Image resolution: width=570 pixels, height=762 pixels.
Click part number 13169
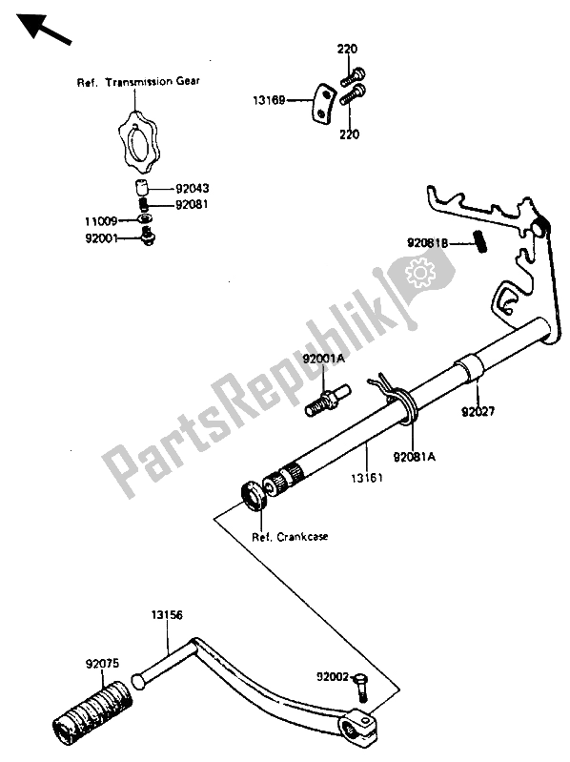point(269,100)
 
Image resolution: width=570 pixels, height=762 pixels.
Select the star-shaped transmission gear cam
point(138,142)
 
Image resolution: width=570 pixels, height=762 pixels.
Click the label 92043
point(193,189)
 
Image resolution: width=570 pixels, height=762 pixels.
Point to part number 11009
point(101,221)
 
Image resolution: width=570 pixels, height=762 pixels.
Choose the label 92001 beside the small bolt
point(101,238)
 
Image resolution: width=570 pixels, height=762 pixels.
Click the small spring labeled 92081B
point(479,241)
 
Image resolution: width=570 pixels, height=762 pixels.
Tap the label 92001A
point(324,359)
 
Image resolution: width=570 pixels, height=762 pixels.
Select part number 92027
point(478,412)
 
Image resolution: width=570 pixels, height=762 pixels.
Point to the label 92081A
point(414,457)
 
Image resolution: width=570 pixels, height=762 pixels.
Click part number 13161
point(367,478)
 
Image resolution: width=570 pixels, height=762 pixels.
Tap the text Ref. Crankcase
point(290,537)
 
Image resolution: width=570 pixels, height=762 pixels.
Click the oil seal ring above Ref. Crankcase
point(253,496)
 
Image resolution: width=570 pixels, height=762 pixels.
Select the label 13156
point(167,615)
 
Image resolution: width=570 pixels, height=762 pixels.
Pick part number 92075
point(102,664)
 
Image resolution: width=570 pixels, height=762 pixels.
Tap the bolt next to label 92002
point(362,687)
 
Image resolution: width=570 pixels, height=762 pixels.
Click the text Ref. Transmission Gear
point(138,82)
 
